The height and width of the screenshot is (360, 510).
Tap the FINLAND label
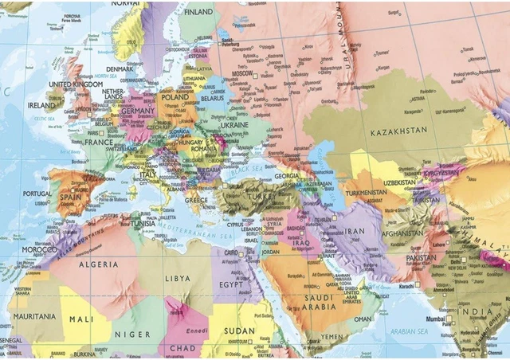[x=198, y=13]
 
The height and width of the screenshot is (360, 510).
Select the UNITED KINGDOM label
[x=76, y=84]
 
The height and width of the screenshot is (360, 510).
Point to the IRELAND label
[x=41, y=104]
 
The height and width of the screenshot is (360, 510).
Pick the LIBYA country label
[x=178, y=279]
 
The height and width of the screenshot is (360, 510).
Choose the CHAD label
[x=184, y=347]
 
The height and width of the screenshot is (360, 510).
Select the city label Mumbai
[x=433, y=319]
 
